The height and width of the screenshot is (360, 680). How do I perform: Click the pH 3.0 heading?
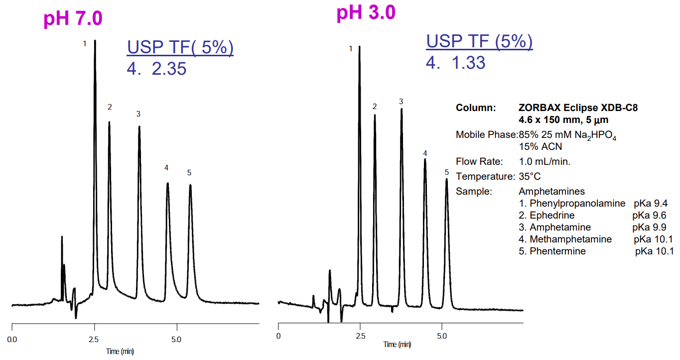pos(366,13)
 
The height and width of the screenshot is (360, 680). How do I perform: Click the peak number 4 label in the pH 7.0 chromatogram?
pos(166,168)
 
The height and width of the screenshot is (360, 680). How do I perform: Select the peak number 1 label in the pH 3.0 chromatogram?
pos(351,48)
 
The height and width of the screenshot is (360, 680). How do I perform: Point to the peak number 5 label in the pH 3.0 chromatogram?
pos(447,172)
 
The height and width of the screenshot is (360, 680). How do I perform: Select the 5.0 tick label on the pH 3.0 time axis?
pos(441,336)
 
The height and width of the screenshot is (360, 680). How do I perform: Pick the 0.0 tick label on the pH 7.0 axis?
pos(12,340)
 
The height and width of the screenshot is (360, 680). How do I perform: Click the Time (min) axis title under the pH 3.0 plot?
pos(397,345)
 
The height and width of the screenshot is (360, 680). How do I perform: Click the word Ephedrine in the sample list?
pos(552,216)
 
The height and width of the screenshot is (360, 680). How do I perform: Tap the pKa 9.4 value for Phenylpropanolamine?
pos(650,204)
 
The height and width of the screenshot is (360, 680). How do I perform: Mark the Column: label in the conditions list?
pos(476,108)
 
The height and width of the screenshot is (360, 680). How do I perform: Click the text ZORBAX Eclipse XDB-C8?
pos(578,108)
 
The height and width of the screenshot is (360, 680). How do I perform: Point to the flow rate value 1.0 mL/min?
pos(544,161)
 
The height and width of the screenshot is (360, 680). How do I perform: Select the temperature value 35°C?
pos(530,176)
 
